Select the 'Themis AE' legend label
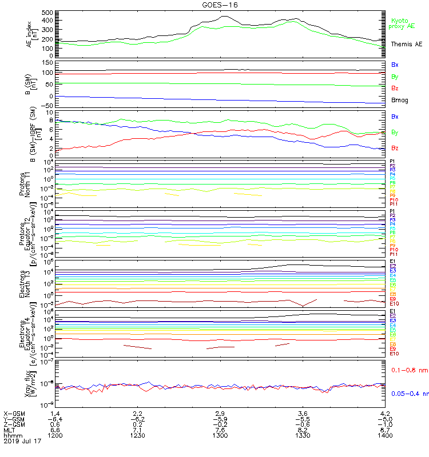(406, 44)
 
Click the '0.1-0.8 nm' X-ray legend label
(406, 371)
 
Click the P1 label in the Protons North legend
(392, 162)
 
